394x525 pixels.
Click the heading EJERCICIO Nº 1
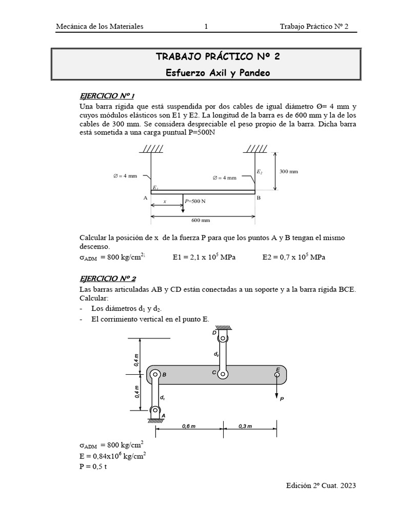[106, 96]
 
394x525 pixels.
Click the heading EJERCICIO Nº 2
[107, 279]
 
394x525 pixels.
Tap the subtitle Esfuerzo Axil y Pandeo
[218, 73]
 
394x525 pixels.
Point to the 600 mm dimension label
[201, 220]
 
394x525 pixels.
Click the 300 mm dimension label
[288, 171]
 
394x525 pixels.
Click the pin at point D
[223, 338]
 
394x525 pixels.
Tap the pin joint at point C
[223, 374]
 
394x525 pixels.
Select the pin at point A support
[154, 410]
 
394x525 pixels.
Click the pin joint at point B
[155, 375]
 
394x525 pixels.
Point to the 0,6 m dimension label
[190, 426]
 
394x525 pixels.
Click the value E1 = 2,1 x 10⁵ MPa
[204, 257]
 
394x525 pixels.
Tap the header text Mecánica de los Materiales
[100, 27]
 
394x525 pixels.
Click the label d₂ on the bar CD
[216, 354]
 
